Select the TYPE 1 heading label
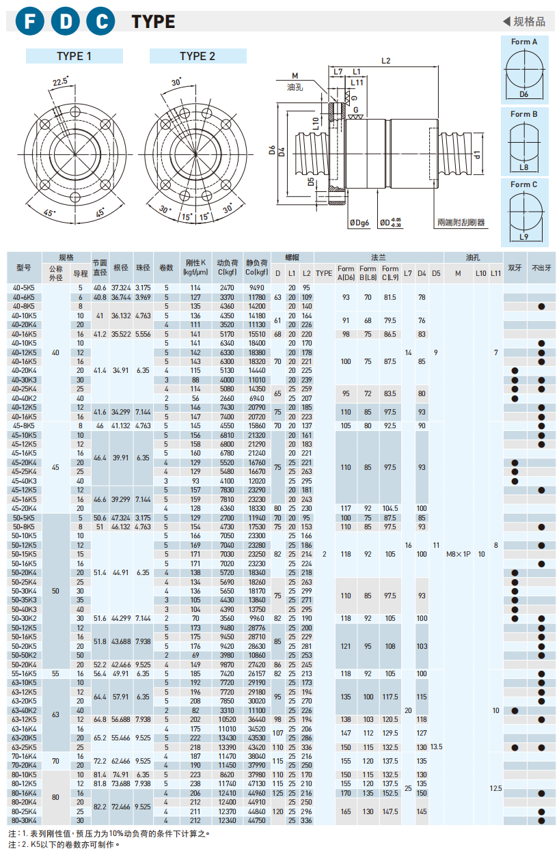74,56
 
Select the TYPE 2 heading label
197,56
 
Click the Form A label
524,42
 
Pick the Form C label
524,184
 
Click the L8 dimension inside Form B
524,166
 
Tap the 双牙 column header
515,268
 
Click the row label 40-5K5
24,288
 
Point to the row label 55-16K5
24,673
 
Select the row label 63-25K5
24,747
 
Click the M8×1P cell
458,554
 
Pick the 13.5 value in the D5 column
436,747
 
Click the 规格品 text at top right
529,22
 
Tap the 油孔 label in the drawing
295,87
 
